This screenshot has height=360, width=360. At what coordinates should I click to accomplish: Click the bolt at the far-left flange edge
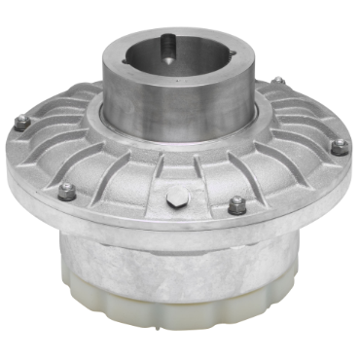tap(21, 122)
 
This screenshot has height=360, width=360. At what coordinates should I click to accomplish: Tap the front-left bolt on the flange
tap(67, 191)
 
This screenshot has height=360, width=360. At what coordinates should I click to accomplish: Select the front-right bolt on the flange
tap(236, 205)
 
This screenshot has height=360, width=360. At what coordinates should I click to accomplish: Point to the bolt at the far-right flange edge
tap(339, 147)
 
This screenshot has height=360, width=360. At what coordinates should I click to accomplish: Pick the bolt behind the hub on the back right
tap(278, 82)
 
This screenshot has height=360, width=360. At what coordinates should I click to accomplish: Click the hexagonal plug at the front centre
tap(175, 199)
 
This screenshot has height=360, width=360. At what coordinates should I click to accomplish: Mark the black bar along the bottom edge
tap(180, 348)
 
